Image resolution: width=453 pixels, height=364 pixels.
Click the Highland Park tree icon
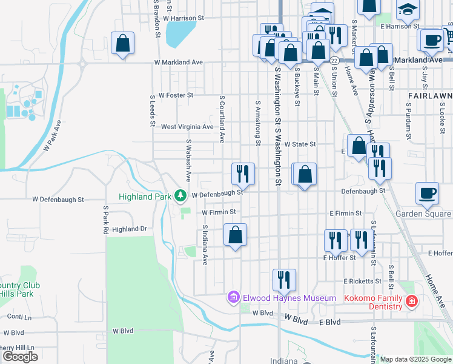180,195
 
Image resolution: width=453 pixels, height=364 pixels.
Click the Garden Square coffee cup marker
428,193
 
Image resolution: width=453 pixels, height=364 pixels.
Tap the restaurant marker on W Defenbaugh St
243,174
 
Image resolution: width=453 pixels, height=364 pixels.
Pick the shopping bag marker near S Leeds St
122,43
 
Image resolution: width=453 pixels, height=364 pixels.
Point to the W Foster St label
176,95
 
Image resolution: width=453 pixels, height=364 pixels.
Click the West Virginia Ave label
187,127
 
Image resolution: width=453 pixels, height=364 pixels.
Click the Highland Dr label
130,229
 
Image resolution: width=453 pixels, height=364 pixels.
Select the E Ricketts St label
362,281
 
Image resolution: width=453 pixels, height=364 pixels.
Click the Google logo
20,357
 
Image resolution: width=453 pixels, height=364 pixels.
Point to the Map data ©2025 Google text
415,359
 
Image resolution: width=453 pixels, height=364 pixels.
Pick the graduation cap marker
408,8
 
